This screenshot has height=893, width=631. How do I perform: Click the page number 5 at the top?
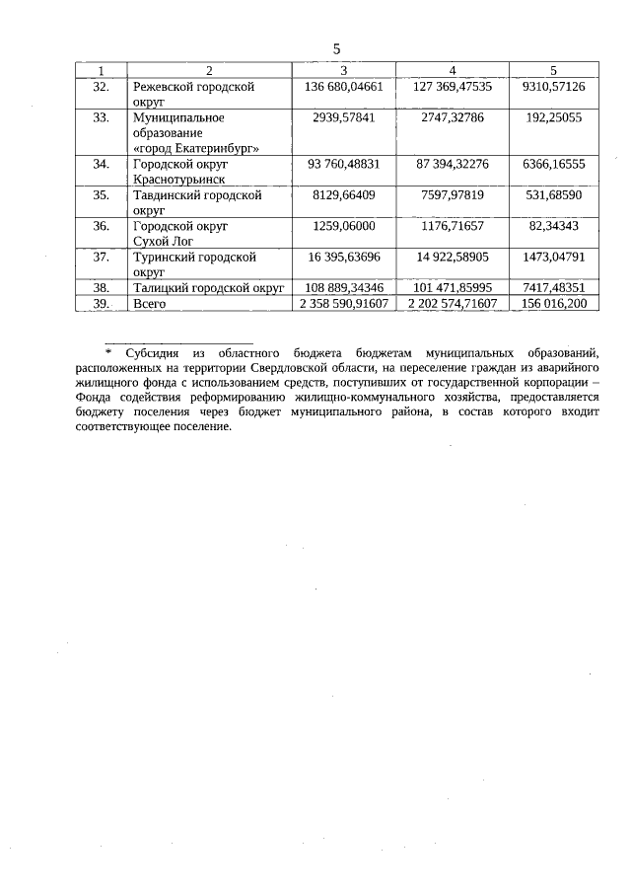336,48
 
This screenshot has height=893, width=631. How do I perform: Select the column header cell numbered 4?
452,70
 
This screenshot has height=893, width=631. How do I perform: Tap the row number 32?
101,87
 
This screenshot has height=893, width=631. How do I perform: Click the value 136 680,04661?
344,87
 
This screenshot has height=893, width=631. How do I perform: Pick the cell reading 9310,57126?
553,87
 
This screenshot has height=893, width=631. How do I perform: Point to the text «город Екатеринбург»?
196,147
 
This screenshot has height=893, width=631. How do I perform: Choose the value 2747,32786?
452,117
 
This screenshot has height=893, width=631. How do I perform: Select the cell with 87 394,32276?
452,164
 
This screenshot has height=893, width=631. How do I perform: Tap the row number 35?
101,195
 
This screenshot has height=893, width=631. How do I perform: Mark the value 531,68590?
553,195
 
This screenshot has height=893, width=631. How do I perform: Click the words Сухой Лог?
165,241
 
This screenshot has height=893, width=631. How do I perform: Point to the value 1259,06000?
344,226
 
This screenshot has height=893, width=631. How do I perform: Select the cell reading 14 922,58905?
452,257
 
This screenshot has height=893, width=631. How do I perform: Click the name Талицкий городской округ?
208,288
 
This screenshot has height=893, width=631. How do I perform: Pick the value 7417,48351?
553,288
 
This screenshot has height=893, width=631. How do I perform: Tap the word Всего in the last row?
150,304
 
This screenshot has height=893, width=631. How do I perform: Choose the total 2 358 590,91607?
344,304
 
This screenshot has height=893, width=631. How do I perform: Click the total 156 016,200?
553,304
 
